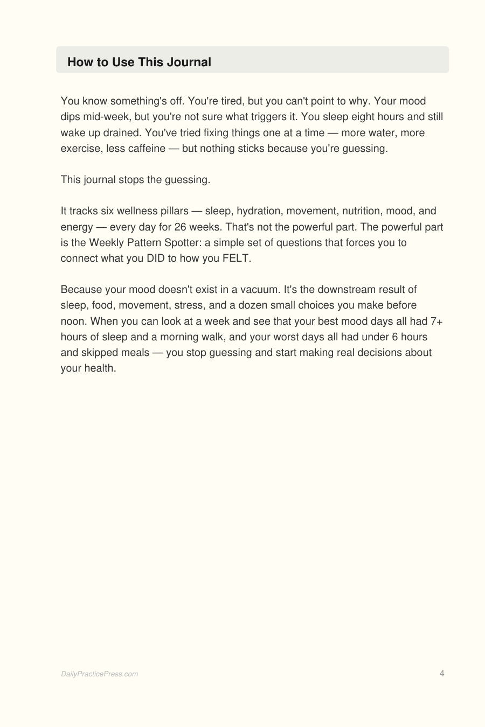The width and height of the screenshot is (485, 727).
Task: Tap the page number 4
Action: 442,673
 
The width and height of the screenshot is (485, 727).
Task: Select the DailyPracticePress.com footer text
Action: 99,674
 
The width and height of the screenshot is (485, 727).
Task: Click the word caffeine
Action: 147,148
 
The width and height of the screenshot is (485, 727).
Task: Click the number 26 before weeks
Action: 181,227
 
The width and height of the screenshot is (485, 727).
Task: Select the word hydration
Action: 259,211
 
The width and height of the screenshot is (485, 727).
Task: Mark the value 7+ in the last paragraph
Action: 436,321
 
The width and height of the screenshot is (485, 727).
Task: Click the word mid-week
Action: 102,117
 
